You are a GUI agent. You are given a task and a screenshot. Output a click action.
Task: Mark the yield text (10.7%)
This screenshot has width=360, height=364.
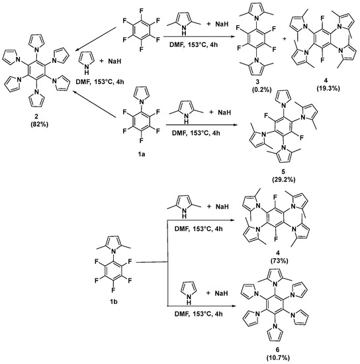(282, 357)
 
